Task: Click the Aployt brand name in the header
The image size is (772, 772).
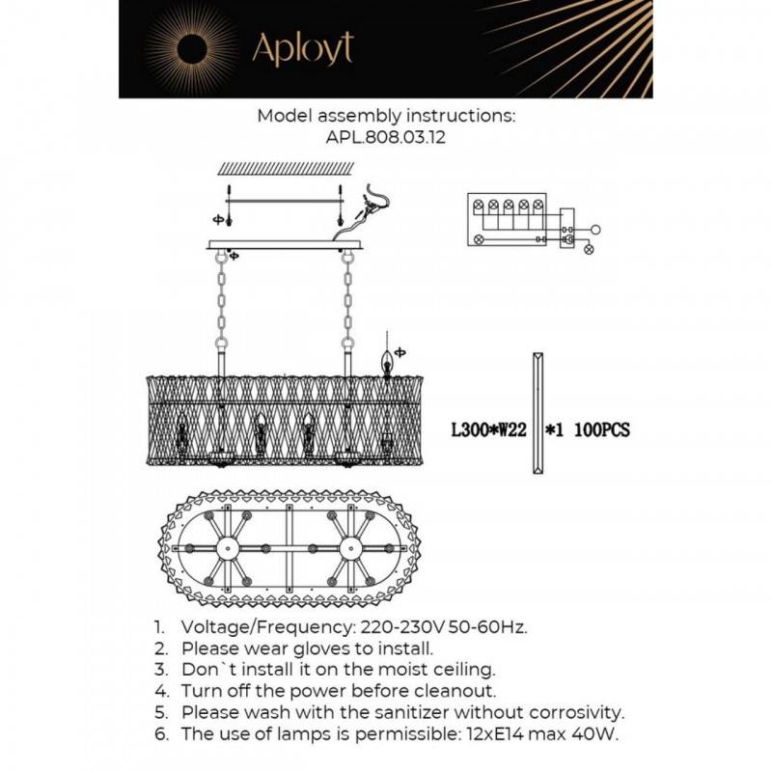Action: [x=302, y=48]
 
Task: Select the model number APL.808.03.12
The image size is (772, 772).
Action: [x=386, y=137]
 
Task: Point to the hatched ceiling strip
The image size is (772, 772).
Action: [x=281, y=168]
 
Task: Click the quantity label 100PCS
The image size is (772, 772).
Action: [x=602, y=430]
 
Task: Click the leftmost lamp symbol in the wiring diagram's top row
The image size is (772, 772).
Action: [x=478, y=206]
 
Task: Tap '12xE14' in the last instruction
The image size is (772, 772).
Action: [x=479, y=735]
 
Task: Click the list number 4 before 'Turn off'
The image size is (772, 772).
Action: [x=160, y=692]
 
